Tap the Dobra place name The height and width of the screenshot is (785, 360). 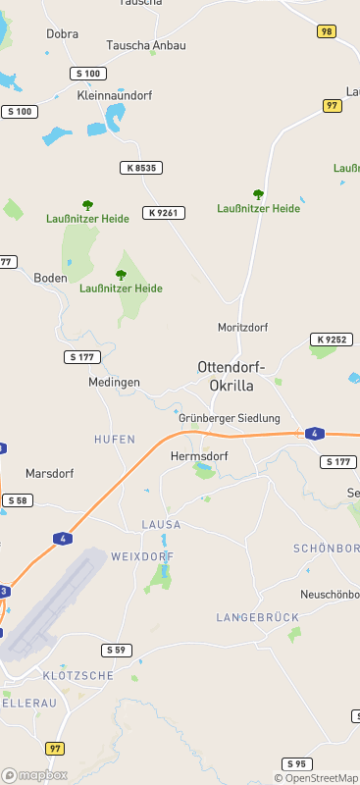tap(62, 33)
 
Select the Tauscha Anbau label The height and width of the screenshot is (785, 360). tap(146, 45)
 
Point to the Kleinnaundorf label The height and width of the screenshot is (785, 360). tap(114, 96)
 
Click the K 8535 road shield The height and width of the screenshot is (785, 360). tap(139, 169)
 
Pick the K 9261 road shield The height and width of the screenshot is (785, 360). tap(163, 213)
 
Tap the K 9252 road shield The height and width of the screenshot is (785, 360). tap(331, 340)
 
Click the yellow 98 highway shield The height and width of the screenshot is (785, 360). tap(327, 32)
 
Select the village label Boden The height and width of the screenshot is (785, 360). tap(50, 278)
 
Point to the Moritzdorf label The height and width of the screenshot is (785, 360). tap(242, 327)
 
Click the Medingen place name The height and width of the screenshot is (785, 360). tap(114, 382)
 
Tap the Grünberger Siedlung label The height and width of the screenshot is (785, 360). tap(230, 418)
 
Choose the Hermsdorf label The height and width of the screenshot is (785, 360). tap(199, 457)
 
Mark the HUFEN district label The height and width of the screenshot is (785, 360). tap(115, 439)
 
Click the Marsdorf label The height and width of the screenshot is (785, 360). tap(49, 473)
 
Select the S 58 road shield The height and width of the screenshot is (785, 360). tap(17, 500)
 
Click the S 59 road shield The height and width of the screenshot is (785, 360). tap(117, 651)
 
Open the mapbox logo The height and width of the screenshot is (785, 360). tap(34, 775)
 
